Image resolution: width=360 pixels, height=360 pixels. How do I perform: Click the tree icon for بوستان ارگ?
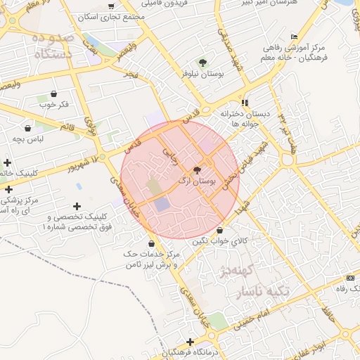pos(197,169)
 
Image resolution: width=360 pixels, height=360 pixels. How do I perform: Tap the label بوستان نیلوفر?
pos(203,73)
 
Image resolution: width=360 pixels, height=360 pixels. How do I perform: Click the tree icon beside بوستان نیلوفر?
pos(203,63)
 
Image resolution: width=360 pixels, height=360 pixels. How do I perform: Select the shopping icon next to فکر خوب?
pos(53,93)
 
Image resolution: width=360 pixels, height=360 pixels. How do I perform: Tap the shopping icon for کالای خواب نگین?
pos(221,230)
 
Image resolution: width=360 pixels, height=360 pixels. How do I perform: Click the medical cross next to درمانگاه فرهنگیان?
pos(190,341)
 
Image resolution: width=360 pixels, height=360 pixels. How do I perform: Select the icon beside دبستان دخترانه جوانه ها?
pos(245,103)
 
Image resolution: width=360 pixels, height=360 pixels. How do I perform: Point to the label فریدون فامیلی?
pos(165,4)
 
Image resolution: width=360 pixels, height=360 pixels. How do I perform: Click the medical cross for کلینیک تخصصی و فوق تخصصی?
pos(76,205)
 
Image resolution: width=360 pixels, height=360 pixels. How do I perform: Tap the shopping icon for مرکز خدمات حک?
pos(152,243)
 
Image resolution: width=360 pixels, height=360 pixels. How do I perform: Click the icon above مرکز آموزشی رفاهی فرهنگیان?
pos(294,37)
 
